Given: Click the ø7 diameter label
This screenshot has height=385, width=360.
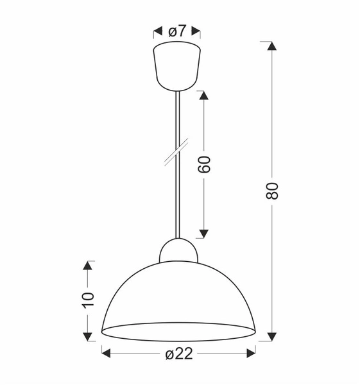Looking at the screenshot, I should pyautogui.click(x=177, y=30).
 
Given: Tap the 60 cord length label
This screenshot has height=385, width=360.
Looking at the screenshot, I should pyautogui.click(x=204, y=165).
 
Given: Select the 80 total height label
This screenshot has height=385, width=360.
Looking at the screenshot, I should pyautogui.click(x=272, y=190).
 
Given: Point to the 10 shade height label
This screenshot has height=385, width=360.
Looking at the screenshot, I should pyautogui.click(x=89, y=299).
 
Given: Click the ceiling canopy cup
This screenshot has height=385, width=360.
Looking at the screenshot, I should pyautogui.click(x=177, y=66).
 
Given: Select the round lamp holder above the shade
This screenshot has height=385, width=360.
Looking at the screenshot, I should pyautogui.click(x=178, y=250).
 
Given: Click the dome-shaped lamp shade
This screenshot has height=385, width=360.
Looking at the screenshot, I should pyautogui.click(x=178, y=292).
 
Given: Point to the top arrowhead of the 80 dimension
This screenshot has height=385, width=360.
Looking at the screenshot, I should pyautogui.click(x=272, y=47).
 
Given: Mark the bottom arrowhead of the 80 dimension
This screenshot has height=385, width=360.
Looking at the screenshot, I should pyautogui.click(x=272, y=335).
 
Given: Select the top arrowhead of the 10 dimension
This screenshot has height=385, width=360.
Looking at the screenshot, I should pyautogui.click(x=89, y=266).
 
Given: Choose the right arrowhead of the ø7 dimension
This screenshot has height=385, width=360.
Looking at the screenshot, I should pyautogui.click(x=196, y=30).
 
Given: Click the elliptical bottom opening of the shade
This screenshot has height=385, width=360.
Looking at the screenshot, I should pyautogui.click(x=178, y=332).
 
